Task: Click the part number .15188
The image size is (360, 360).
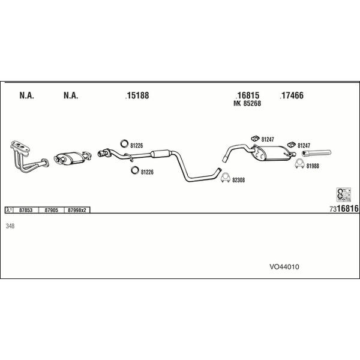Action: coord(137,95)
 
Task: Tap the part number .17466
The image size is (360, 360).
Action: coord(292,95)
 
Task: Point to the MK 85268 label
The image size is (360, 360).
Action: coord(247,103)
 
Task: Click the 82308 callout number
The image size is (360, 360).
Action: coord(239,179)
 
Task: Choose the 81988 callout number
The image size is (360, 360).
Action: coord(313,166)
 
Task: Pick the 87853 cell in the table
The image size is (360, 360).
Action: coord(26,210)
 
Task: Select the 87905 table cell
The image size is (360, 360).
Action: coord(52,210)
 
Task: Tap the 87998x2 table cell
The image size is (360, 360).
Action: coord(77,210)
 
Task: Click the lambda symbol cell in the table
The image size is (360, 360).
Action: coord(9,210)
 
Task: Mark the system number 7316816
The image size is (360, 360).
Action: coord(344,209)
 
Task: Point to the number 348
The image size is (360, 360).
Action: coord(10,226)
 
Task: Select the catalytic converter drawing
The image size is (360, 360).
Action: coord(69,158)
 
